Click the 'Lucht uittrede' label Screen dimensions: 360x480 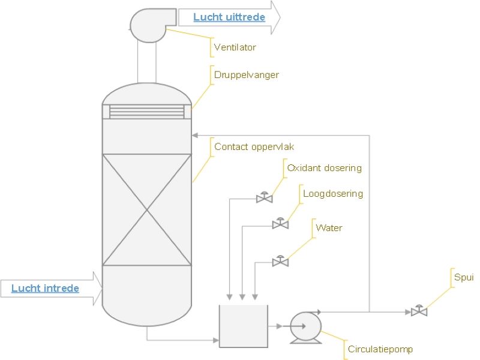coord(229,17)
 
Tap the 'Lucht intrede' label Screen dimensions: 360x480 coord(45,289)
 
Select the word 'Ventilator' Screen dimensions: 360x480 coord(235,47)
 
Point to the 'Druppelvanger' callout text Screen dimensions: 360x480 coord(246,75)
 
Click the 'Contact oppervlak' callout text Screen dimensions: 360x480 coord(254,146)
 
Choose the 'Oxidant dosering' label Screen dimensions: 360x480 coord(324,168)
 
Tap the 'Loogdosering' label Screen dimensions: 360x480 coord(333,194)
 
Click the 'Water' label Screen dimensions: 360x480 coord(329,228)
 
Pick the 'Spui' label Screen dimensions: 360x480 coord(463,278)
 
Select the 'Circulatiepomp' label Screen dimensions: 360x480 coord(380,349)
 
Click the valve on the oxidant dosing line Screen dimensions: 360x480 coord(264,197)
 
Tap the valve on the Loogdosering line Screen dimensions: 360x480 coord(280,224)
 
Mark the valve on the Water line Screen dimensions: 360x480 coord(280,262)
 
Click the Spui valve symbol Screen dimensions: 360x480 coord(419,311)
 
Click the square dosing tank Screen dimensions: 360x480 coord(243,325)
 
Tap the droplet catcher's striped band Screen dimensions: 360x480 coord(147,112)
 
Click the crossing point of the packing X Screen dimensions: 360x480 coord(147,209)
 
